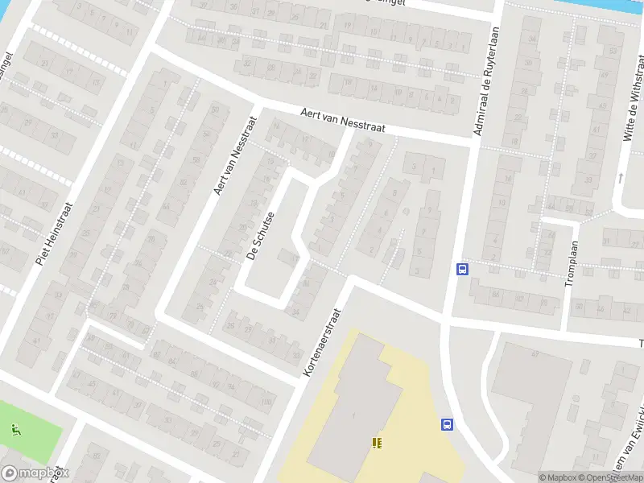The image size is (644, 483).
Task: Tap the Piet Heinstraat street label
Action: pyautogui.click(x=55, y=231)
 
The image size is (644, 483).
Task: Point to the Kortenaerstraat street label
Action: pyautogui.click(x=320, y=336)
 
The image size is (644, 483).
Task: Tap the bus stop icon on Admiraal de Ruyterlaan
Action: pyautogui.click(x=463, y=270)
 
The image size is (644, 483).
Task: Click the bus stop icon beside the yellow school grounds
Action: pyautogui.click(x=445, y=424)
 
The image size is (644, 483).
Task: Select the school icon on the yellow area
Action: pyautogui.click(x=376, y=443)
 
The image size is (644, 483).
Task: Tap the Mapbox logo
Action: pyautogui.click(x=35, y=473)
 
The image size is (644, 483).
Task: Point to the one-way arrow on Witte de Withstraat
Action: pyautogui.click(x=621, y=177)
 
